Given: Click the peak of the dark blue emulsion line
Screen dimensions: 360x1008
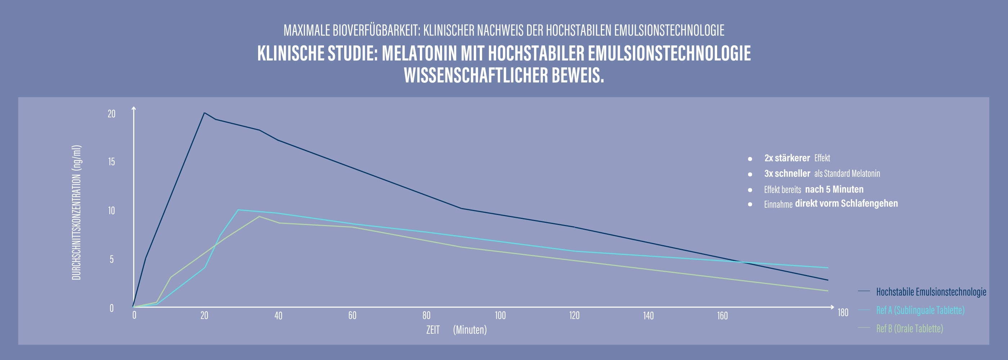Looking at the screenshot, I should (204, 113).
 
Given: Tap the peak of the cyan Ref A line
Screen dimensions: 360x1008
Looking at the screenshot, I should (238, 210).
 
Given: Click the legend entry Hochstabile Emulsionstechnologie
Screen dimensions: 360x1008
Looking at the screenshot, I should (931, 292).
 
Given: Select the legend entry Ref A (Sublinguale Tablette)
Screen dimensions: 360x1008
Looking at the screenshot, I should (920, 310).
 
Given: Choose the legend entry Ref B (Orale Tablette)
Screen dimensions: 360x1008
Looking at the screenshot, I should (909, 328).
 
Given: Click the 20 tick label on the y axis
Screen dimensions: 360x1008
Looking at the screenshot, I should (112, 114).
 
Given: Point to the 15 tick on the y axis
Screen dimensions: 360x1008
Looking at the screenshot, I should (112, 162).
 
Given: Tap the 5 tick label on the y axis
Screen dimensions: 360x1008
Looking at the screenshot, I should (112, 259).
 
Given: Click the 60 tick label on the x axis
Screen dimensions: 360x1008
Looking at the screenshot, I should (352, 315).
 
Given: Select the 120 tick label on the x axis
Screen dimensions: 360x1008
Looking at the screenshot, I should (574, 315).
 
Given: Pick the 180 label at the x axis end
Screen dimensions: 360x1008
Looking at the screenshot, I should (843, 312).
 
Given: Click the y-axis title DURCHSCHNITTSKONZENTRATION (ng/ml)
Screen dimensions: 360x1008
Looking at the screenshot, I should (76, 212).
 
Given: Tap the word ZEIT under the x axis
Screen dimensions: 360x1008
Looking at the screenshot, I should (433, 330).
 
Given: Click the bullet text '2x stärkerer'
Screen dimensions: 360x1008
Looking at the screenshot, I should (787, 158).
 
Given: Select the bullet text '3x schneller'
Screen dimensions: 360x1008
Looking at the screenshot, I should (787, 174).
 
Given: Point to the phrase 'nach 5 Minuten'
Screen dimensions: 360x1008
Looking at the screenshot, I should (834, 189).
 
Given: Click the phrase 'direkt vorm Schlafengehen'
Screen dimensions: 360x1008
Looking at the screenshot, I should (846, 203).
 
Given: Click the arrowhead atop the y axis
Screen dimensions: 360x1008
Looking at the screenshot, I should (134, 108).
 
